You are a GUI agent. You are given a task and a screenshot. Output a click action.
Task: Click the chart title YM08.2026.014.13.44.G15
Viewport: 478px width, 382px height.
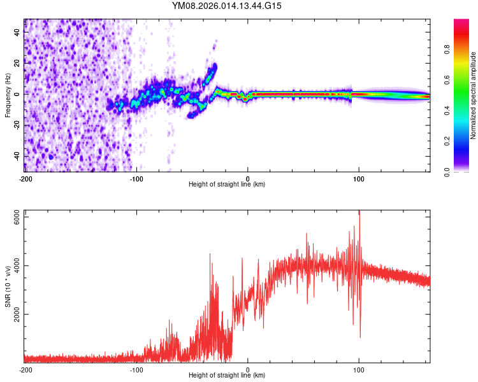(x=227, y=6)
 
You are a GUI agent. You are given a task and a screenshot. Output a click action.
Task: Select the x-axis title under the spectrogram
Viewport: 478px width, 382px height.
(x=227, y=184)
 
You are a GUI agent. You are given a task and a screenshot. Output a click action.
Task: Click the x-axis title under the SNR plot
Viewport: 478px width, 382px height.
(x=227, y=375)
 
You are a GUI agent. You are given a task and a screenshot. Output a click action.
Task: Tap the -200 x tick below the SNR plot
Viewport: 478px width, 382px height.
(x=25, y=369)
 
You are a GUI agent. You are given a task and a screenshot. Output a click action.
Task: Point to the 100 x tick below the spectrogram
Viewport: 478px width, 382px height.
(x=359, y=178)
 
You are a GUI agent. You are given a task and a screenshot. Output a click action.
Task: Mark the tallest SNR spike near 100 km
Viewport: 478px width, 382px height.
(x=359, y=213)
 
